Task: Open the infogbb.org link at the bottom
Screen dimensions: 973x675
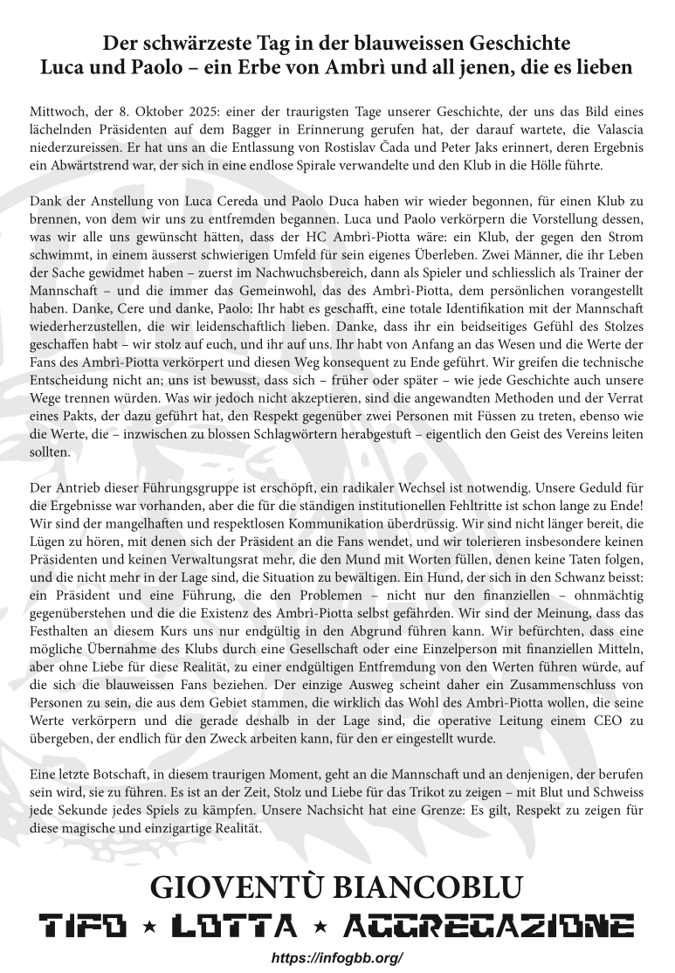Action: tap(337, 957)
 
